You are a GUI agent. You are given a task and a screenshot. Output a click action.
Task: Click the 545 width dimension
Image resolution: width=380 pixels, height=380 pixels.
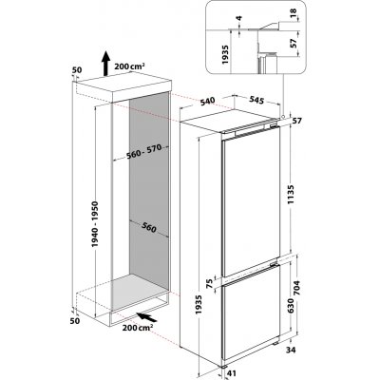point(256,97)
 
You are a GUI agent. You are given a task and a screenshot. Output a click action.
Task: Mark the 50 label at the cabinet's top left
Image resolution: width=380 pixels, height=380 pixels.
point(75,70)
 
